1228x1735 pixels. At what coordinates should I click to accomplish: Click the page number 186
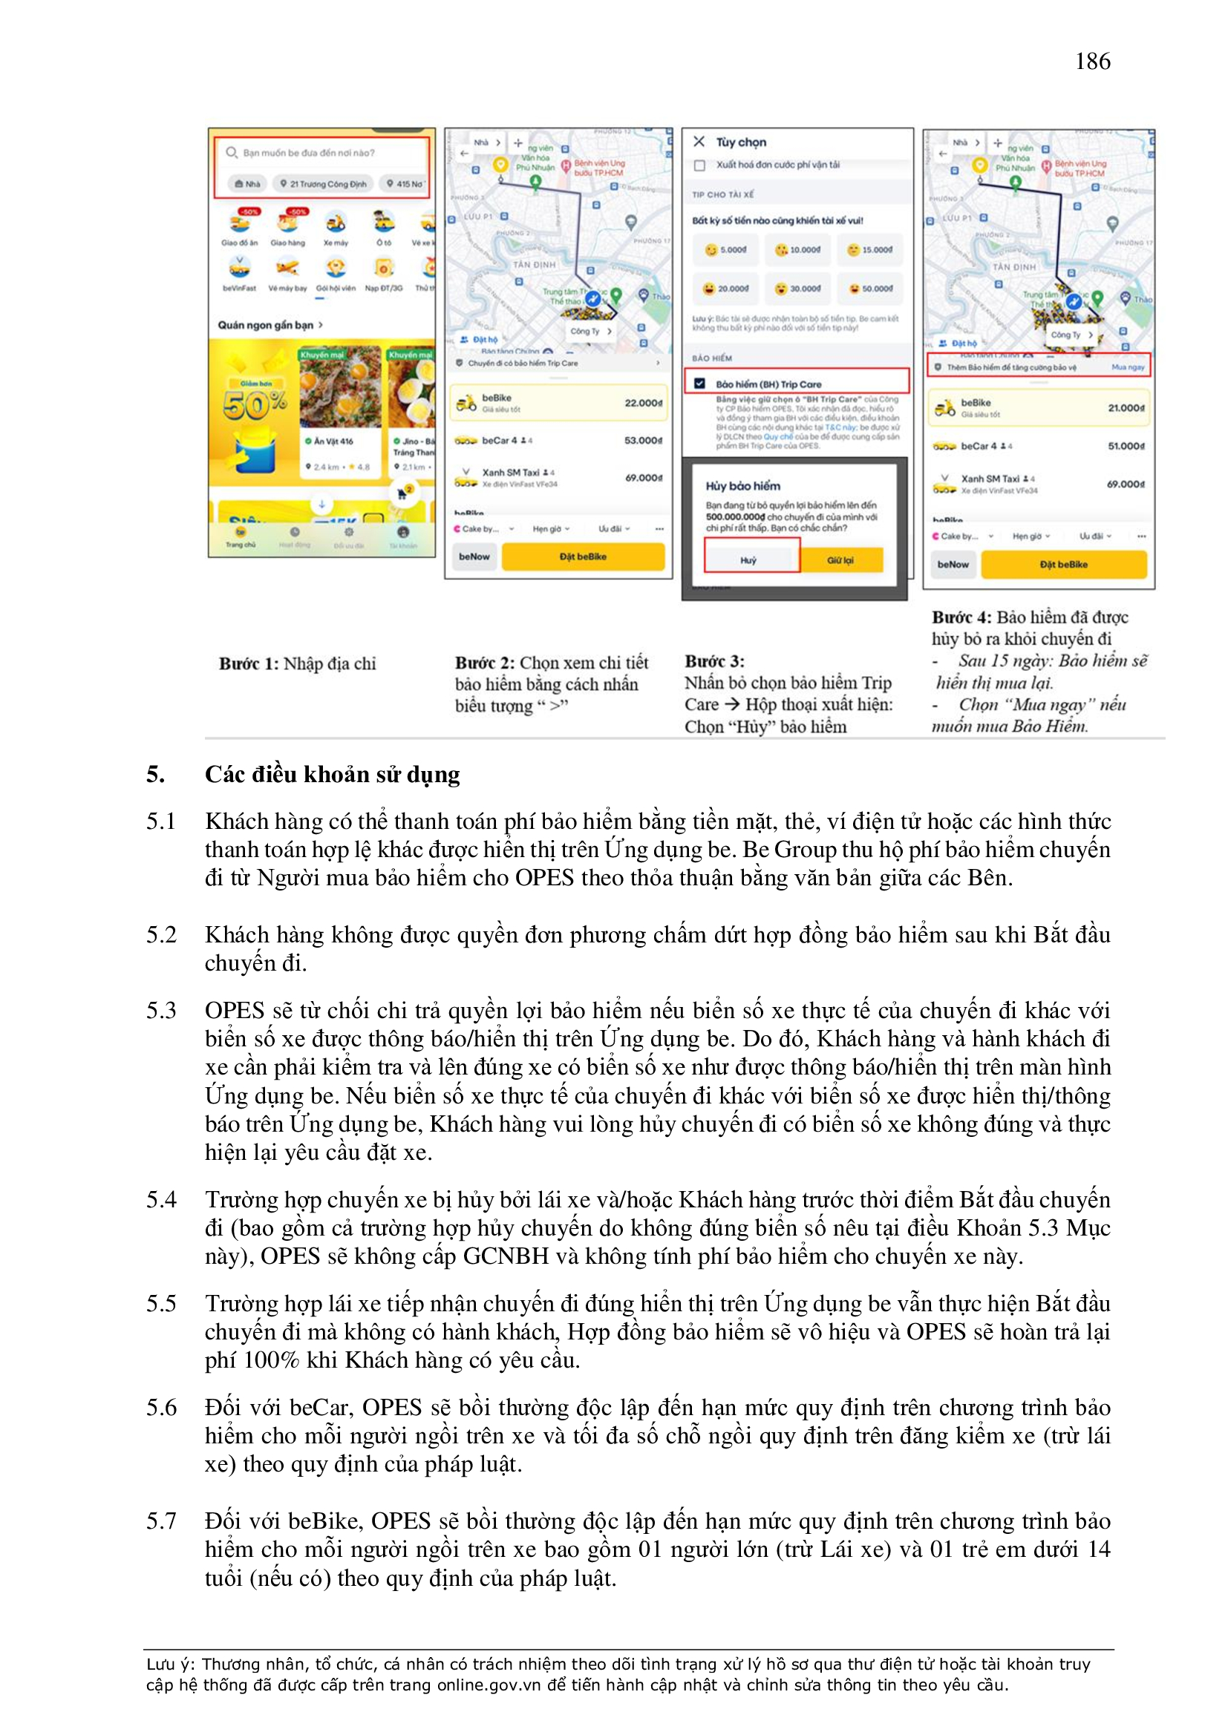pos(1092,61)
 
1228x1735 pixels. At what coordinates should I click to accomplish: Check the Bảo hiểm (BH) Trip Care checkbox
pos(699,383)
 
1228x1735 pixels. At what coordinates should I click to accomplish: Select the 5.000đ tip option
pos(726,249)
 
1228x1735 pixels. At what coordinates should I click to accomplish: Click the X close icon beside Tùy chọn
pos(699,141)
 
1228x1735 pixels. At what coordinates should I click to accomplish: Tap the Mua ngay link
pos(1129,367)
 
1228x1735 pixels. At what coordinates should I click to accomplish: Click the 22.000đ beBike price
pos(643,403)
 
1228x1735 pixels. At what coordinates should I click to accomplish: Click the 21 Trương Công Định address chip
pos(323,183)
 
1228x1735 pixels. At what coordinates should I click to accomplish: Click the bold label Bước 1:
pos(249,663)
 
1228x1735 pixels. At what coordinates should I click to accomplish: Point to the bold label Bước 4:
pos(961,617)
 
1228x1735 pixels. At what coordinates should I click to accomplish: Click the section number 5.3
pos(161,1010)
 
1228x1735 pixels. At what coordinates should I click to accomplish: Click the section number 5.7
pos(161,1521)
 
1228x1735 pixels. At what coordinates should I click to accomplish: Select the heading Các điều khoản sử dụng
pos(332,775)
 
